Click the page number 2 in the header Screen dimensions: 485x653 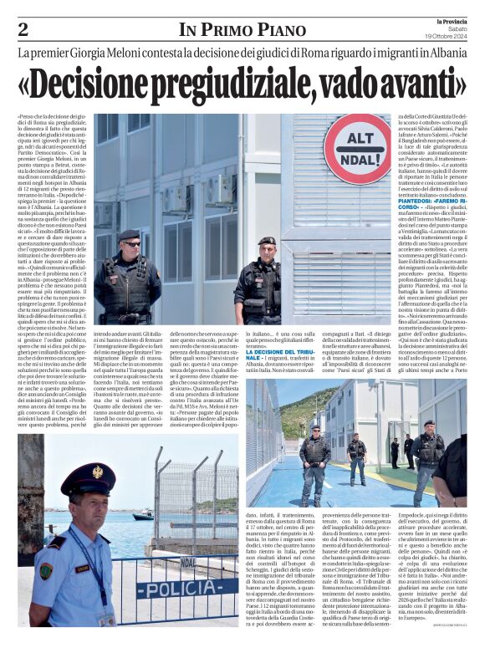coord(23,30)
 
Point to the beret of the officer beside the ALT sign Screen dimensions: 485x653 coord(265,241)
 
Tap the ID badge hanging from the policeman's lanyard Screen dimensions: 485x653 coord(105,620)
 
